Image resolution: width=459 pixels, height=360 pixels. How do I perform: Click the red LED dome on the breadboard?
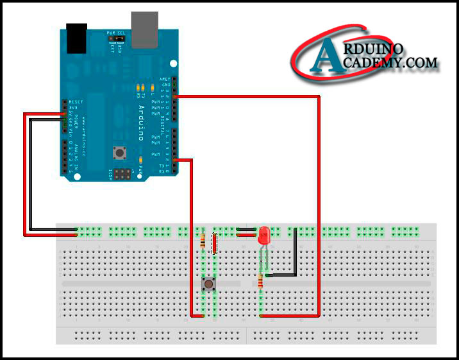click(264, 236)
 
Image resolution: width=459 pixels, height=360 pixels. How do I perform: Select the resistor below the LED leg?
click(260, 280)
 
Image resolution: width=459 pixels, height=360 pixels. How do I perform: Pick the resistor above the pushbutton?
click(203, 241)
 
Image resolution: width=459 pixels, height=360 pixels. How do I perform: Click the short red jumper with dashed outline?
click(214, 244)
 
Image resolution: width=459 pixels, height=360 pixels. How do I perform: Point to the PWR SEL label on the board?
click(115, 32)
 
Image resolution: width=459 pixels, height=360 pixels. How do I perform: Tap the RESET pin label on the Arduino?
click(76, 101)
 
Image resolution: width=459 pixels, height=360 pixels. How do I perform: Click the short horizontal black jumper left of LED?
click(247, 228)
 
